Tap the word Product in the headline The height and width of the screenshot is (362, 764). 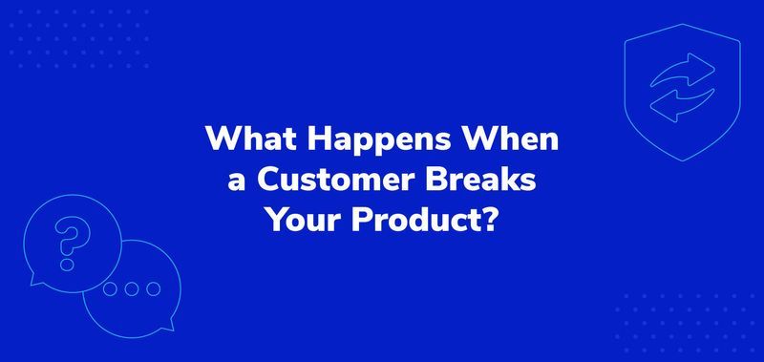[411, 222]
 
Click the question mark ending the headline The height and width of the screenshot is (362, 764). [488, 222]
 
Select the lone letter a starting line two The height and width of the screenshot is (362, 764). [235, 183]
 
